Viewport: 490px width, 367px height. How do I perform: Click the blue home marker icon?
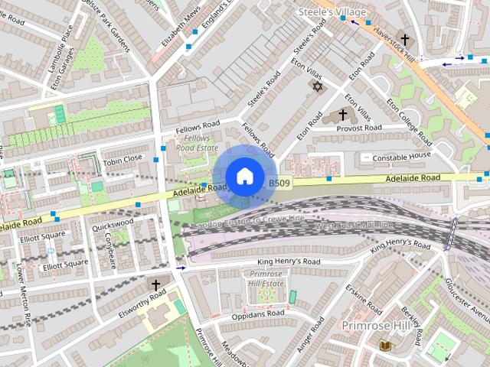coord(244,176)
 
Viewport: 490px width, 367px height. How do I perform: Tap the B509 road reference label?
coord(278,183)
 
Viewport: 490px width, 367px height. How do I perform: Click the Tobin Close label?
coord(122,158)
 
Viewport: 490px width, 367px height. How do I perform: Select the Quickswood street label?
coord(113,226)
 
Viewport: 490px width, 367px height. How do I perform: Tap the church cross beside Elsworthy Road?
coord(155,285)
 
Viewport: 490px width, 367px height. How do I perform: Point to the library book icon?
coord(384,346)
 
